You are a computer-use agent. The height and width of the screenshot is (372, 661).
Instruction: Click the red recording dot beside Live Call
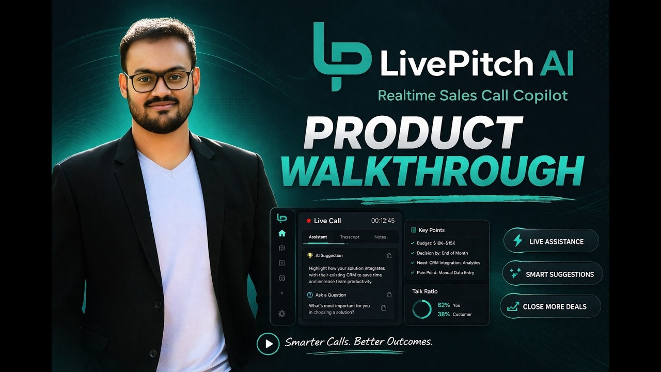308,221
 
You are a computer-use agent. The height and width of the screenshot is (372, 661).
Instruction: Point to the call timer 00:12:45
383,221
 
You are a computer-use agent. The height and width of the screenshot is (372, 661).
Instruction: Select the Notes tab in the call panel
380,237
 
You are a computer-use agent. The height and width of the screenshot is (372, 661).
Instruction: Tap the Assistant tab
318,237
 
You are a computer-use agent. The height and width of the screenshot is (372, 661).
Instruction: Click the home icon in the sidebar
282,234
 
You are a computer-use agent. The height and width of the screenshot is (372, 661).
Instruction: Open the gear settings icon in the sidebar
282,314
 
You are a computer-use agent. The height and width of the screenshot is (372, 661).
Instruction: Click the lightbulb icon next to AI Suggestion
310,255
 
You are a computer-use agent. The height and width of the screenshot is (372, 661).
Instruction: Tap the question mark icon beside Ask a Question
310,295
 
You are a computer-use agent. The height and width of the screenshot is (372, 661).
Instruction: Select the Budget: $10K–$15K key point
436,243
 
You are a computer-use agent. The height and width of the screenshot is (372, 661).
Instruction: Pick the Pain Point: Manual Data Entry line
446,272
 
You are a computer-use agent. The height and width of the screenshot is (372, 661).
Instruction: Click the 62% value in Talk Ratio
443,305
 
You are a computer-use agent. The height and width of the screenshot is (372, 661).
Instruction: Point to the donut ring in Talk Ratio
421,309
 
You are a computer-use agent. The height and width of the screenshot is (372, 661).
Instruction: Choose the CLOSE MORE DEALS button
550,306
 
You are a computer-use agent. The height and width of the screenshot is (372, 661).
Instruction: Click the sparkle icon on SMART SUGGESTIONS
515,274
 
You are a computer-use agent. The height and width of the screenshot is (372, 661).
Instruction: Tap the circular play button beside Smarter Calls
268,344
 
